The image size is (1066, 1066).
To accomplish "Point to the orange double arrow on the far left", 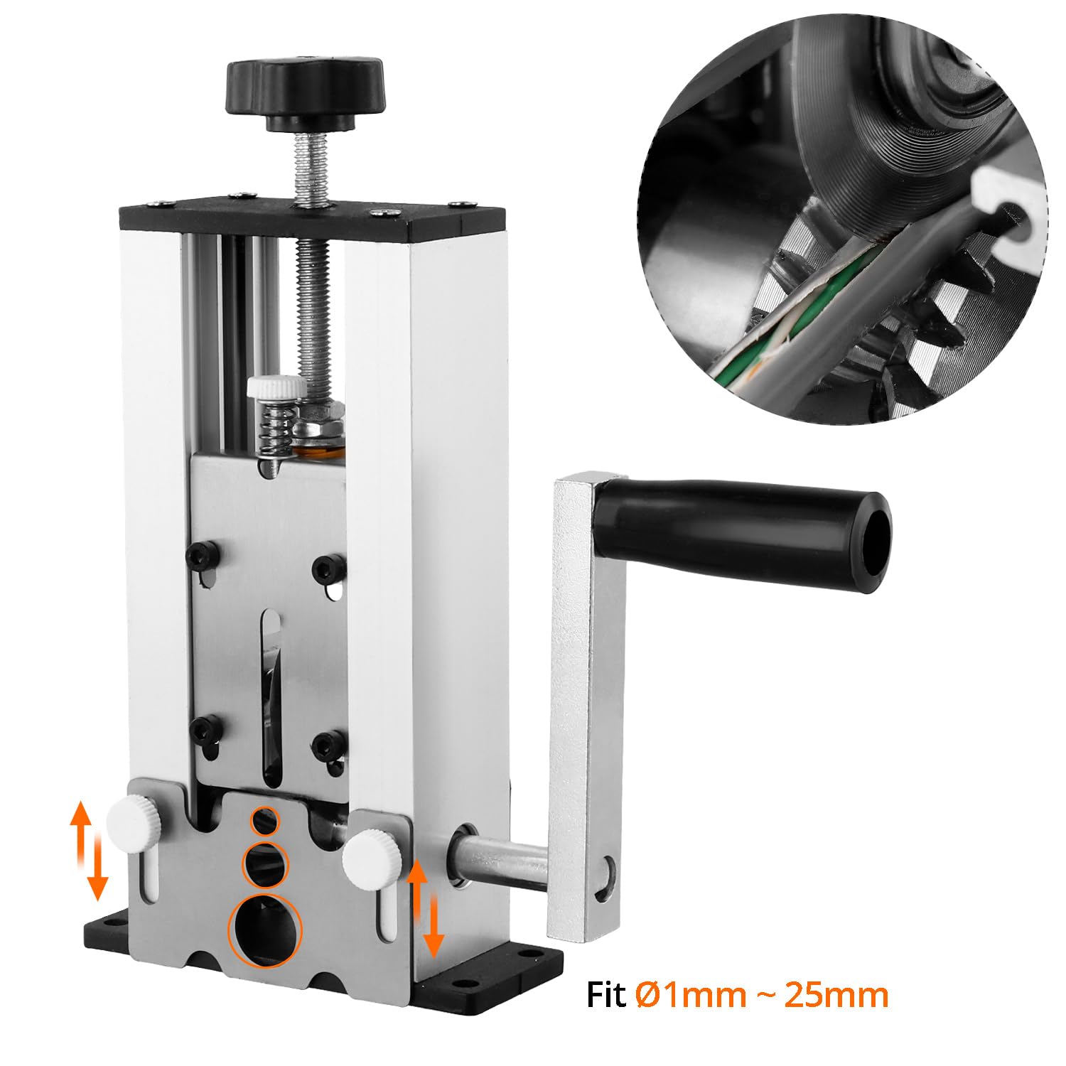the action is click(88, 849).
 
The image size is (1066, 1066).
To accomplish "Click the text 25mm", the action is click(836, 995).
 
